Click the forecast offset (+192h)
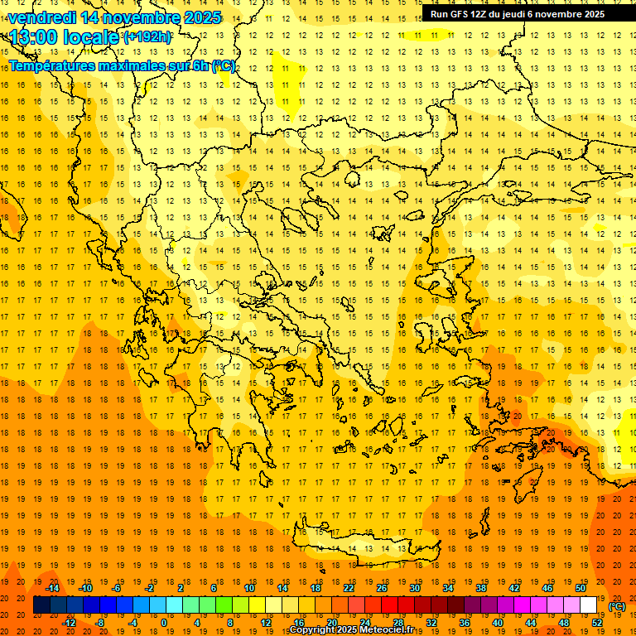(x=148, y=37)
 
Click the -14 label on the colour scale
(x=52, y=588)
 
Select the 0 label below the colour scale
(x=163, y=623)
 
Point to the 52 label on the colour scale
(x=597, y=623)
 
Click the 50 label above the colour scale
(x=580, y=588)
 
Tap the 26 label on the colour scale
(x=382, y=588)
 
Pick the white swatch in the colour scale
(x=588, y=605)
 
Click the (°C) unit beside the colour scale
(x=617, y=606)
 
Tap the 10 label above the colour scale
(x=248, y=588)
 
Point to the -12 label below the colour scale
(x=69, y=623)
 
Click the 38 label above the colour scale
(x=481, y=588)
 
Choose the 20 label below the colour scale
(x=331, y=623)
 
